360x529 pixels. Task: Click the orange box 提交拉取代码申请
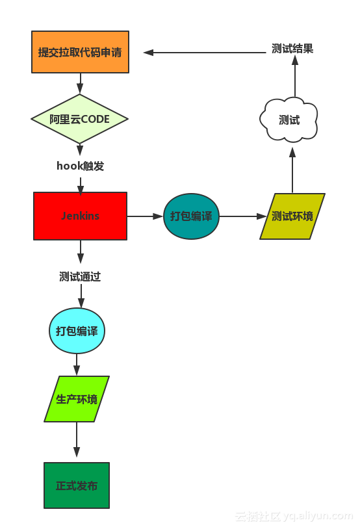(80, 52)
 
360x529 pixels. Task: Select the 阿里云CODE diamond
(80, 119)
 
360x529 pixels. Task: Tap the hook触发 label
(80, 166)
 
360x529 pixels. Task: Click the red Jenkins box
(80, 216)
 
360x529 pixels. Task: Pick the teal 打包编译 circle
(191, 216)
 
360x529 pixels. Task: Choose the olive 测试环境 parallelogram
(292, 216)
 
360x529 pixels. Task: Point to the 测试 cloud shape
(289, 120)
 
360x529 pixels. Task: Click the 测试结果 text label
(292, 49)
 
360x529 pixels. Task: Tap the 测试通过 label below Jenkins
(80, 277)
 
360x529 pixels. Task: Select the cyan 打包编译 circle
(77, 331)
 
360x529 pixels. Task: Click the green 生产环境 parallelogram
(77, 399)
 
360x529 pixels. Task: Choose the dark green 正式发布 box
(77, 485)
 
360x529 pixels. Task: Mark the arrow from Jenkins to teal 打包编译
(145, 216)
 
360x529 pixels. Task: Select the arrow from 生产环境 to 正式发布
(77, 441)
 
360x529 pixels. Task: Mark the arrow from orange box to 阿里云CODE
(80, 83)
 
